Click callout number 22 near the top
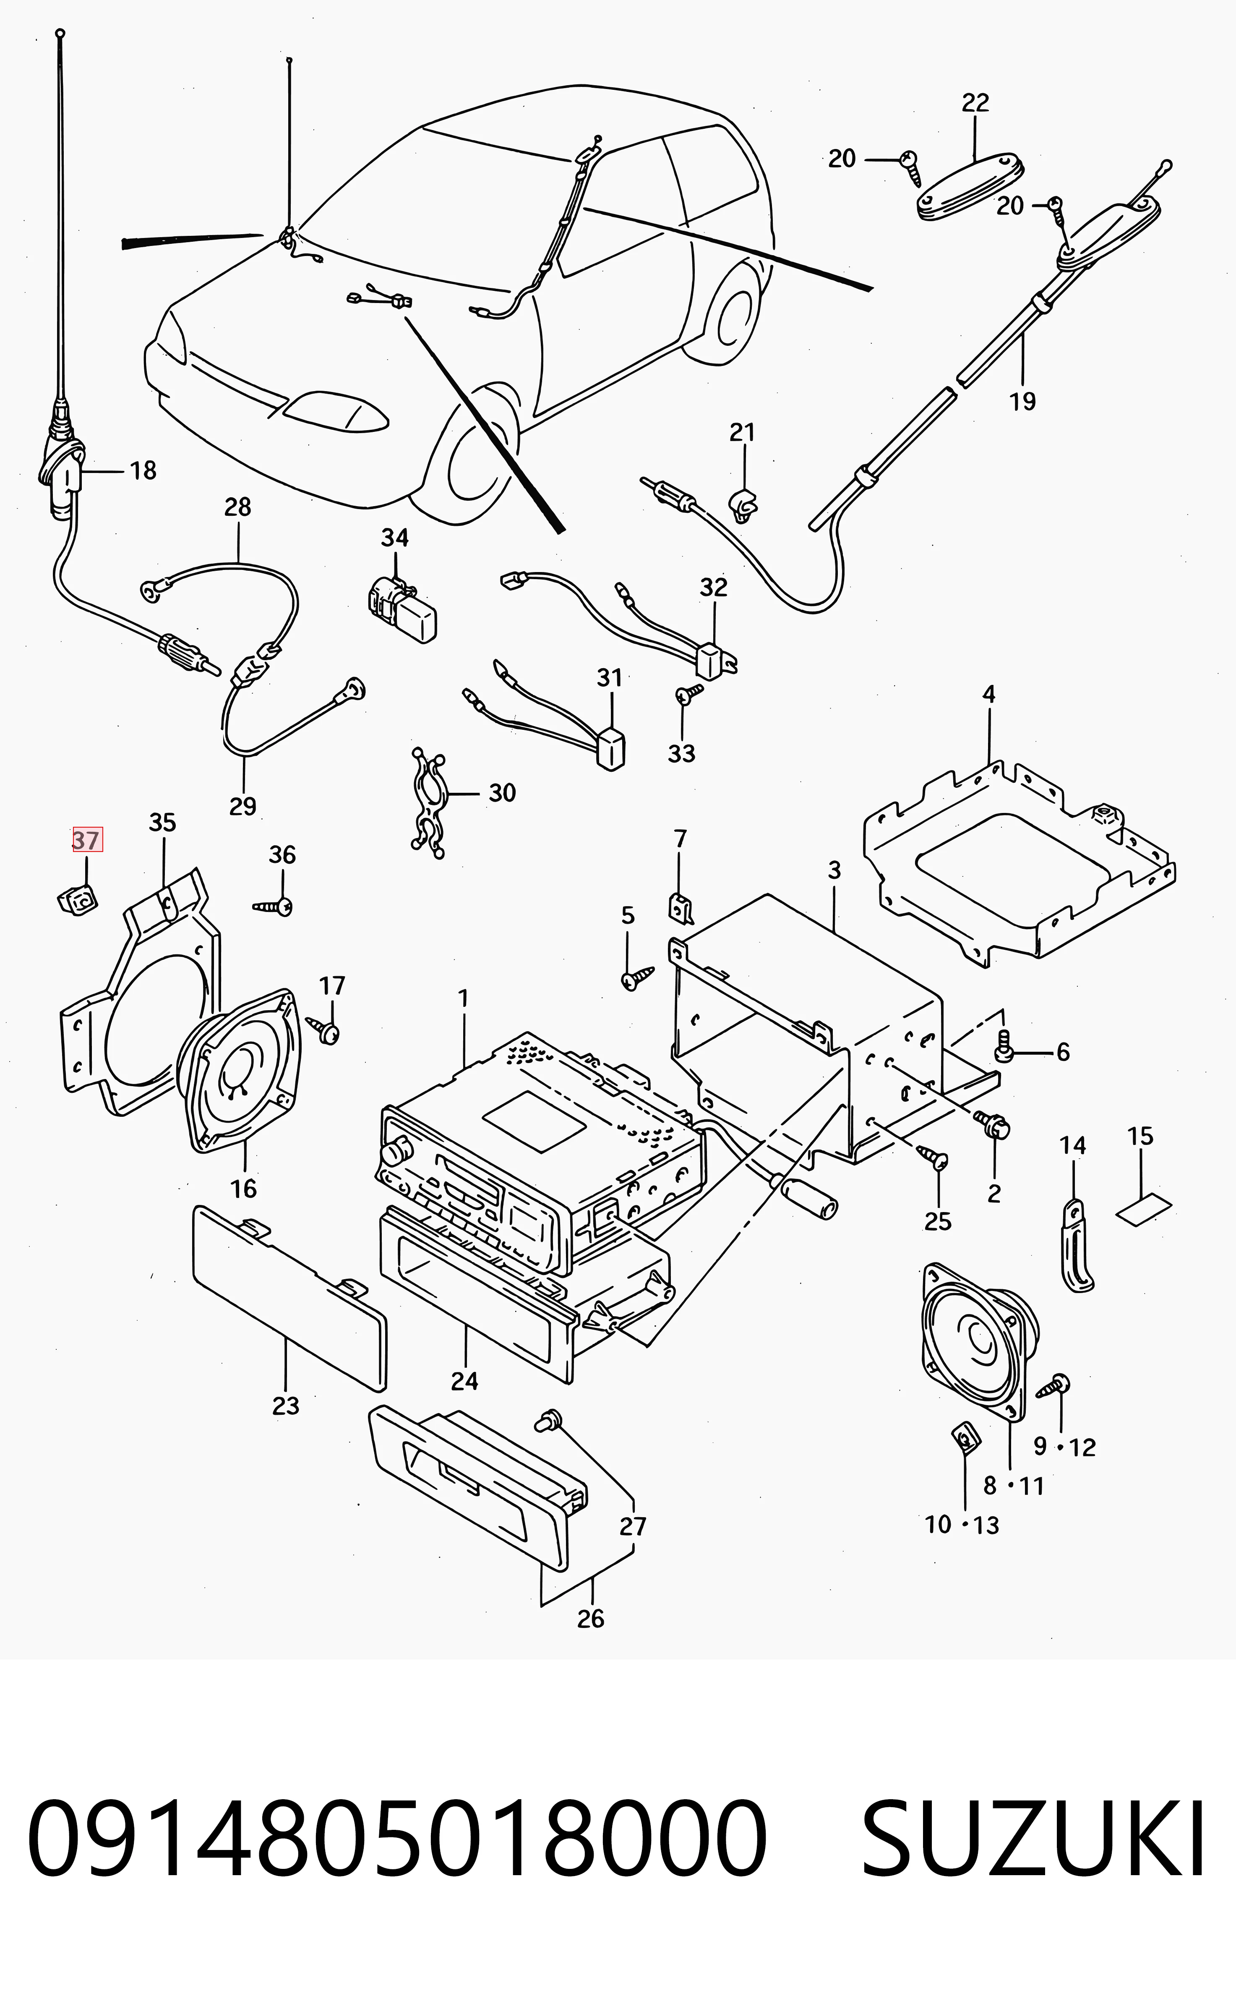pyautogui.click(x=975, y=103)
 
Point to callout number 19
pyautogui.click(x=1022, y=402)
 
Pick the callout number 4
pyautogui.click(x=989, y=695)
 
